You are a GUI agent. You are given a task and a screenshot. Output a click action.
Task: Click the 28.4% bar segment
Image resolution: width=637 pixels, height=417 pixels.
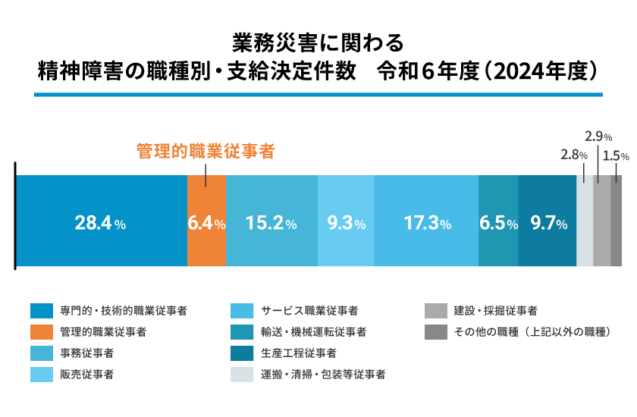tap(101, 221)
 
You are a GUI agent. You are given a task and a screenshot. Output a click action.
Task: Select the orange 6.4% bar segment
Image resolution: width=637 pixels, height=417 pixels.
tap(206, 221)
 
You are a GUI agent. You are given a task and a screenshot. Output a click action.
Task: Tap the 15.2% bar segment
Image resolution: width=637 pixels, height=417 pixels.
tap(271, 221)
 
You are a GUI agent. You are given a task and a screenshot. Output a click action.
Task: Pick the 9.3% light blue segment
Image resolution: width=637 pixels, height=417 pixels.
tap(346, 221)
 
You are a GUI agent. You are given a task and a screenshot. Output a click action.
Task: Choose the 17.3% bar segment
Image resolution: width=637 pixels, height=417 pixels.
tap(426, 221)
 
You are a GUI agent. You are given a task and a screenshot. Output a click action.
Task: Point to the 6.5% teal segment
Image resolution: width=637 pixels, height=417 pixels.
tap(498, 221)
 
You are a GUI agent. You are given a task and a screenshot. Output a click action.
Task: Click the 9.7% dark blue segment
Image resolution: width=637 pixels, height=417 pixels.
tap(547, 221)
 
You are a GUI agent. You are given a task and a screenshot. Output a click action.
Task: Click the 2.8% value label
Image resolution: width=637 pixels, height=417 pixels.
tap(573, 155)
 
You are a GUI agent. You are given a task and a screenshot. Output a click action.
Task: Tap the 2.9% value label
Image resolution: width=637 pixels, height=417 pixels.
tap(598, 136)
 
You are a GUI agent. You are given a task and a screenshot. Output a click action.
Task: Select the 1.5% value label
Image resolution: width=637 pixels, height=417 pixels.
tap(620, 155)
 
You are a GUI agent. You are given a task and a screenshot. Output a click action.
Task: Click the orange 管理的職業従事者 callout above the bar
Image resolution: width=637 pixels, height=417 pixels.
tap(204, 151)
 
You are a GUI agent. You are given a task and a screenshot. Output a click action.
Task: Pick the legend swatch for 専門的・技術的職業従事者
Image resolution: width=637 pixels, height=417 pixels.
tap(41, 310)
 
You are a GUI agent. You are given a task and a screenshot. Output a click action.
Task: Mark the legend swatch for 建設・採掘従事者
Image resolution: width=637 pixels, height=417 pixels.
tap(435, 310)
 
